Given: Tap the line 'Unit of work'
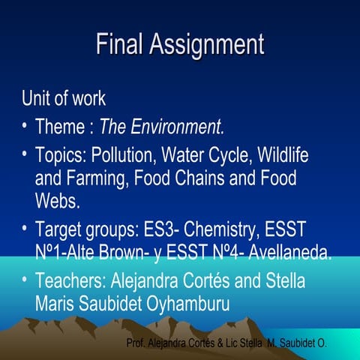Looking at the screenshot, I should click(x=64, y=98).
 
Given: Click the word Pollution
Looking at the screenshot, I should click(x=121, y=156).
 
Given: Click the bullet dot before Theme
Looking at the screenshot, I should click(x=25, y=124).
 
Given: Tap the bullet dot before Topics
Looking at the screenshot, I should click(x=25, y=154).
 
